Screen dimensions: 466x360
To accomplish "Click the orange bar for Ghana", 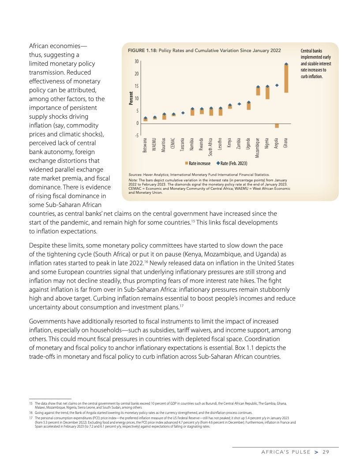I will (x=286, y=79).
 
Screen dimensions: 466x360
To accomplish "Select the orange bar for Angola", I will (x=277, y=125).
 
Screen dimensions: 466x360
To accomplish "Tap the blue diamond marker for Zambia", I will (x=239, y=104).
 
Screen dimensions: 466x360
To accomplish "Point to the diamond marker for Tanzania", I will (x=183, y=113).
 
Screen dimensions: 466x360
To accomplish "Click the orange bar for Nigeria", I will (x=267, y=93).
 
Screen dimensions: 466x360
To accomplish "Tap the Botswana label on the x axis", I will (x=145, y=146).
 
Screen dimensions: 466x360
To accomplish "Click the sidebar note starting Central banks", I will (x=315, y=64).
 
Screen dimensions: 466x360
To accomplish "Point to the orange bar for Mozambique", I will (x=258, y=91).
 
